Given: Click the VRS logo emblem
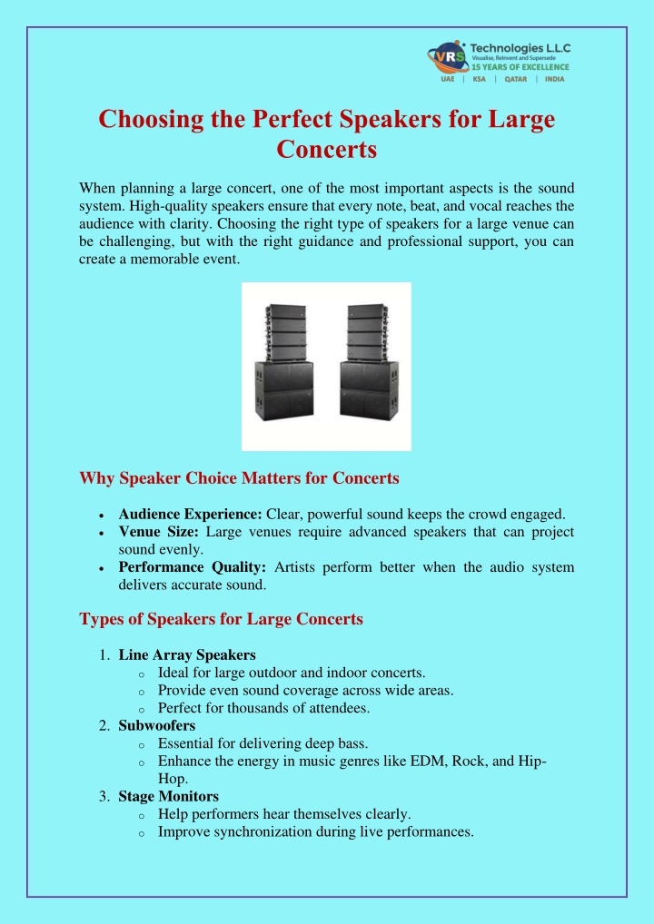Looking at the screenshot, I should click(x=447, y=56).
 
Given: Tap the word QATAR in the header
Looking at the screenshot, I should click(x=517, y=78).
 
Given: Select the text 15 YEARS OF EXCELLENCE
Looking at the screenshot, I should click(x=520, y=66).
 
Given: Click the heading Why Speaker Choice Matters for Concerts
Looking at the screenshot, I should click(x=240, y=478).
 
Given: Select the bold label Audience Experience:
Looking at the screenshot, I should click(x=190, y=513).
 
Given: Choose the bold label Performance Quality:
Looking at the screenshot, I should click(x=192, y=567).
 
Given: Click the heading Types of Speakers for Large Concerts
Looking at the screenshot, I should click(x=221, y=619).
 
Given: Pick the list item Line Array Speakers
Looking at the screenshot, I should click(x=187, y=654).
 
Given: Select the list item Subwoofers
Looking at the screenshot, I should click(x=156, y=725).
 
